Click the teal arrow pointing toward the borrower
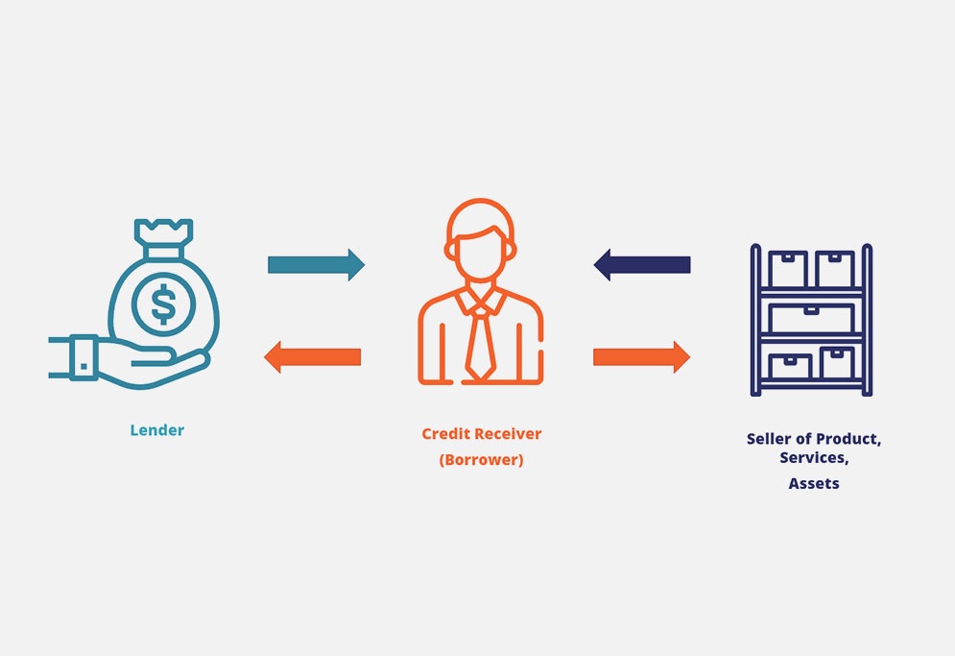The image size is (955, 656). [316, 264]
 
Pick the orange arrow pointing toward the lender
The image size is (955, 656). [313, 357]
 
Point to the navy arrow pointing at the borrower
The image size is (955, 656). [641, 263]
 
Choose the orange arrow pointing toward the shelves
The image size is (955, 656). [641, 356]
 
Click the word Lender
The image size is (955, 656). [157, 430]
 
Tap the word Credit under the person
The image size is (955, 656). [446, 434]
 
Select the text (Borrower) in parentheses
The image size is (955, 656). [482, 460]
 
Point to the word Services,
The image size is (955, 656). [814, 458]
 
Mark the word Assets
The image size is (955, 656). [814, 484]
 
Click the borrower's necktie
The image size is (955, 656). [480, 341]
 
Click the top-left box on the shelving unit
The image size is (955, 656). [788, 269]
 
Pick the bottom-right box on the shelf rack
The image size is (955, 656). [837, 362]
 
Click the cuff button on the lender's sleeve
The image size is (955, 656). [84, 366]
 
